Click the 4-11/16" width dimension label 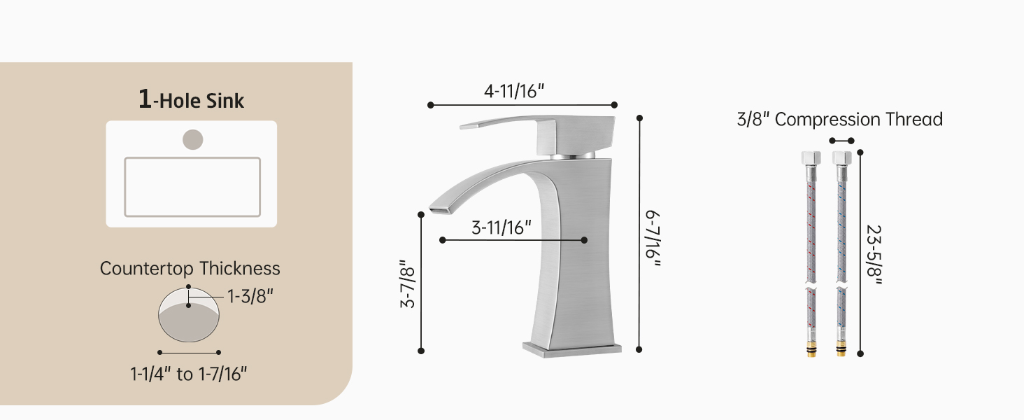514,92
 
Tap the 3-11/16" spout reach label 502,227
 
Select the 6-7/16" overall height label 653,239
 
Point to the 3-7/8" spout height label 407,283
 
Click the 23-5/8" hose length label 874,255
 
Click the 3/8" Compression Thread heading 840,120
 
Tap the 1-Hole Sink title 191,99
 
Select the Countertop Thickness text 190,269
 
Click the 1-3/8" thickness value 250,297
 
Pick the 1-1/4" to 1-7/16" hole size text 188,374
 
